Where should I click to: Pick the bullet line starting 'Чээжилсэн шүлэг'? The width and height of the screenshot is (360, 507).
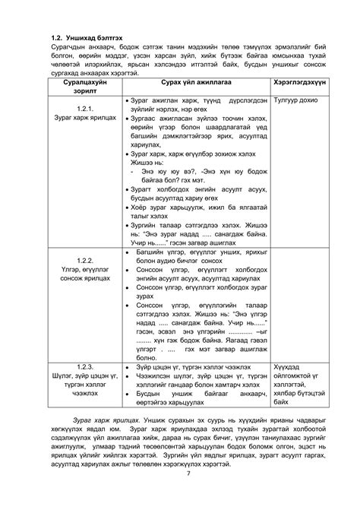point(199,375)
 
